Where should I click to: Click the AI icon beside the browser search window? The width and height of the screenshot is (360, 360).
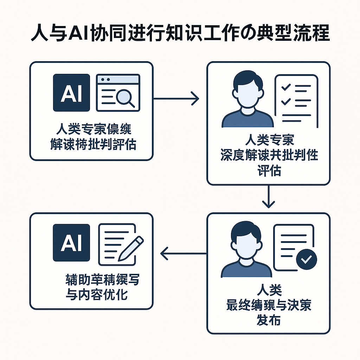tap(71, 93)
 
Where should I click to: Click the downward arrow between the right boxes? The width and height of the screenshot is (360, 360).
tap(268, 197)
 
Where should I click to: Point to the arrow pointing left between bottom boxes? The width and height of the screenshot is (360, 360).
tap(183, 253)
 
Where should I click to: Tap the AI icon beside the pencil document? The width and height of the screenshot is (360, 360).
tap(71, 243)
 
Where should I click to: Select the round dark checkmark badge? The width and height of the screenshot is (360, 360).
tap(307, 259)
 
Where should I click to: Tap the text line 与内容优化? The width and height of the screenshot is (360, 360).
tap(97, 294)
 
